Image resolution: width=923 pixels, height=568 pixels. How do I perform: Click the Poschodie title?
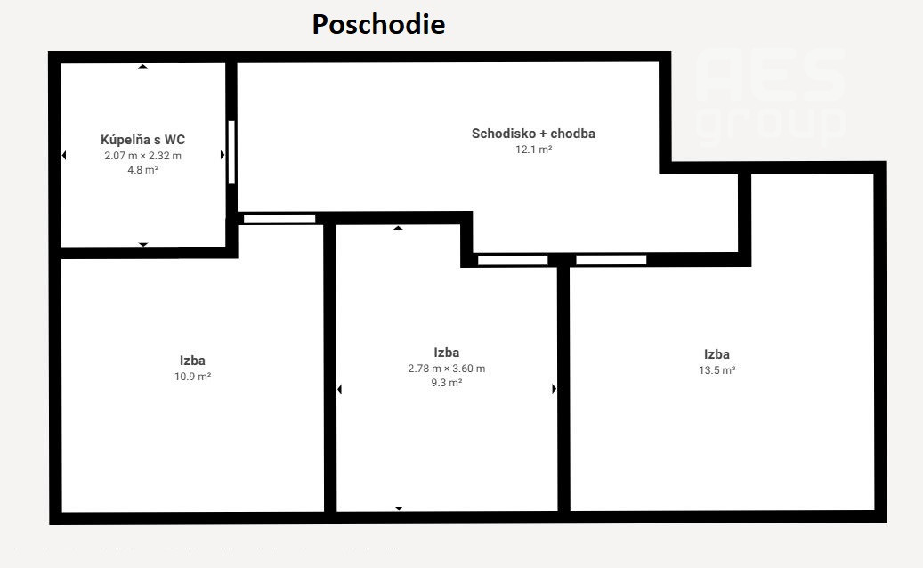[x=378, y=25]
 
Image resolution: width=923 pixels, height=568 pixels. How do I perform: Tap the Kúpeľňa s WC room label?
[x=143, y=140]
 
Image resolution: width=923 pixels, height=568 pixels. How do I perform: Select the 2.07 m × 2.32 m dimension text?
[x=143, y=156]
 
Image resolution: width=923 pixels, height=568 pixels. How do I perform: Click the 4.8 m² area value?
[x=143, y=170]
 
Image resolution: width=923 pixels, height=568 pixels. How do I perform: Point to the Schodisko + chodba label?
[x=533, y=134]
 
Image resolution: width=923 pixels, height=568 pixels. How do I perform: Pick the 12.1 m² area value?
[x=534, y=150]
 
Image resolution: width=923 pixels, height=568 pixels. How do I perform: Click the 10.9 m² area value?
[x=192, y=377]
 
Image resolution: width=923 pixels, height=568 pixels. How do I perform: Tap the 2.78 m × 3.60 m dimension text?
[x=447, y=369]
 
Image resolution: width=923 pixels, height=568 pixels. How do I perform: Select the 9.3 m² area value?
[x=447, y=383]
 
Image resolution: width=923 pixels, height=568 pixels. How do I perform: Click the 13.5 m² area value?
[x=717, y=370]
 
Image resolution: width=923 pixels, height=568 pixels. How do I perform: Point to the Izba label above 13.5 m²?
[x=717, y=354]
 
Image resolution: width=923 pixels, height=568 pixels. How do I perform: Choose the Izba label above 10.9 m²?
[x=192, y=361]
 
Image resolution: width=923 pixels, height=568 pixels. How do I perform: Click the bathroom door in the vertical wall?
[x=231, y=152]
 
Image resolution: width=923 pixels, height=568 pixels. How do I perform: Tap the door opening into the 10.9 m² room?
[x=279, y=218]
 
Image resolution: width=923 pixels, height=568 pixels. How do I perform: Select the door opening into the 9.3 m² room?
[x=513, y=260]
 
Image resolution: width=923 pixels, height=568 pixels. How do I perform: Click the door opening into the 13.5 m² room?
[x=611, y=260]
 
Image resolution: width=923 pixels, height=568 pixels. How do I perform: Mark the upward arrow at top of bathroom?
[x=142, y=67]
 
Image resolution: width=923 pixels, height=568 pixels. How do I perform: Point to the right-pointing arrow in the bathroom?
[x=223, y=156]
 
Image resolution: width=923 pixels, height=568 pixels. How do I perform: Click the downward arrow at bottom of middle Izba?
[x=399, y=508]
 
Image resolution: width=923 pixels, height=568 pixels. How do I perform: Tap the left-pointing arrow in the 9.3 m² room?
[x=339, y=389]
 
